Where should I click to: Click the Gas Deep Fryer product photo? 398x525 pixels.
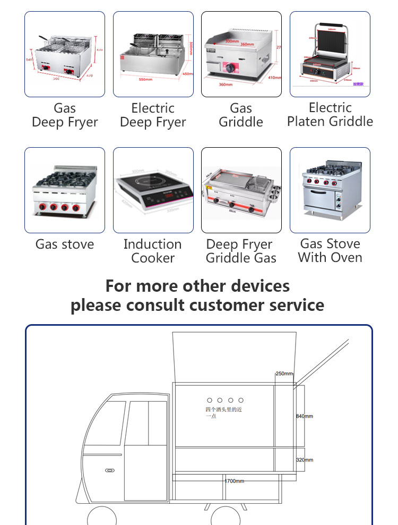click(65, 54)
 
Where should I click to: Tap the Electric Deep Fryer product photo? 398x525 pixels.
click(153, 54)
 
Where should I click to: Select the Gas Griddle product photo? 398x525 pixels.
click(241, 54)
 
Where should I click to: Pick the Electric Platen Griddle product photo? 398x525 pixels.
click(330, 54)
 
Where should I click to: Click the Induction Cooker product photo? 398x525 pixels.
click(153, 190)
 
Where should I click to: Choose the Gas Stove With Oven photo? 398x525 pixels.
click(330, 190)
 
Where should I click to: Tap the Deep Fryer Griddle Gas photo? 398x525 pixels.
click(241, 190)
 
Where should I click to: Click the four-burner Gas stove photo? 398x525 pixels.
click(65, 190)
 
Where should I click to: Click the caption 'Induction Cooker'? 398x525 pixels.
click(153, 251)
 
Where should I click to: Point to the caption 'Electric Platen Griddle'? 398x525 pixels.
click(330, 115)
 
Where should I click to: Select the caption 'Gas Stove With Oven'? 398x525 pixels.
click(330, 251)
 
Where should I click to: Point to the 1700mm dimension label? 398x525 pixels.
click(234, 481)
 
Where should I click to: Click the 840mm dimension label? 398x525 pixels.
click(305, 416)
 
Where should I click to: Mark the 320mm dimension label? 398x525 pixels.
click(305, 460)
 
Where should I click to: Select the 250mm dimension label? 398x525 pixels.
click(284, 374)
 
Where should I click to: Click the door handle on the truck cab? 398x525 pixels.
click(110, 470)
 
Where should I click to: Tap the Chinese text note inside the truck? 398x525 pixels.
click(223, 412)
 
